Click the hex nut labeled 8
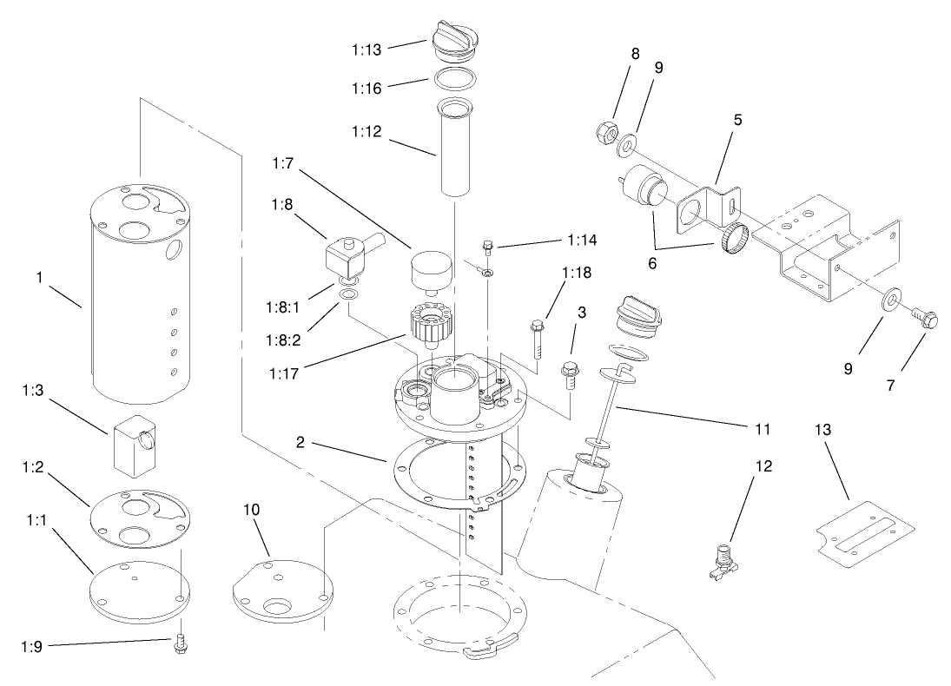tap(607, 133)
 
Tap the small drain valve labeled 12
tap(723, 559)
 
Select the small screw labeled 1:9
tap(182, 645)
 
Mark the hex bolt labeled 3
tap(570, 373)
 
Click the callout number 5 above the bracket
tap(737, 120)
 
